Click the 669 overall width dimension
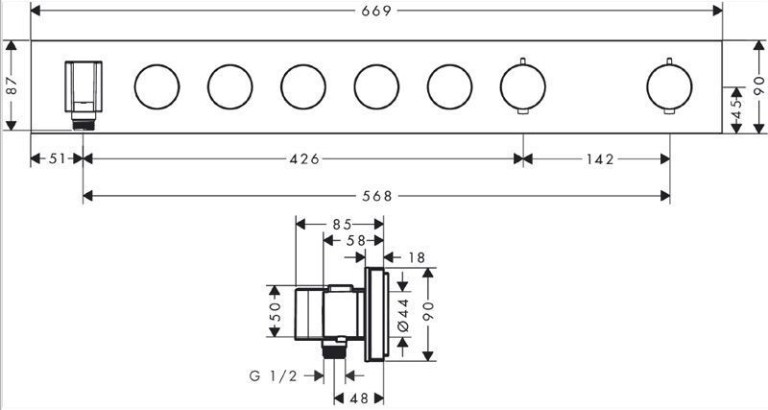pos(376,11)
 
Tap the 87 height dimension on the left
pos(12,85)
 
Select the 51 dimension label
pos(57,158)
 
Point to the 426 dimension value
pos(304,158)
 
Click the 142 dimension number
pos(600,158)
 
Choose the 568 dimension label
pos(377,196)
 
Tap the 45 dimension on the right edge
pos(736,109)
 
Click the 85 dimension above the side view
pos(342,225)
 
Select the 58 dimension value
pos(355,240)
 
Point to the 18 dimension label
pos(417,257)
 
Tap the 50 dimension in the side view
pos(275,311)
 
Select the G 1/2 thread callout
pos(274,375)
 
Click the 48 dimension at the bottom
pos(358,398)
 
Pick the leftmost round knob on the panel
pos(156,86)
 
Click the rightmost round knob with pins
pos(669,86)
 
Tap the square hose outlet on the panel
pos(84,95)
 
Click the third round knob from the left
pos(303,86)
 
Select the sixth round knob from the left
pos(522,86)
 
